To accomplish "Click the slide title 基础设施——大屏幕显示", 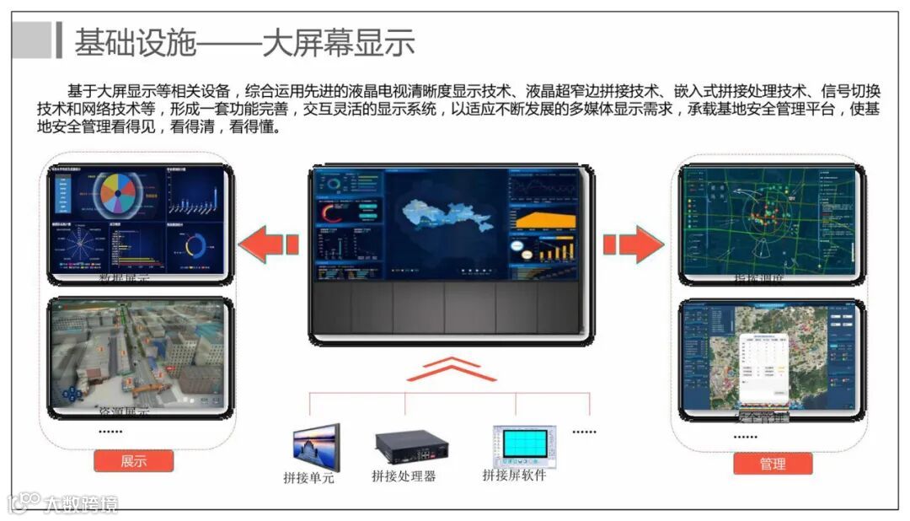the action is click(244, 42).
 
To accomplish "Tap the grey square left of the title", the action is click(32, 40).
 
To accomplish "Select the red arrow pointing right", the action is click(633, 244).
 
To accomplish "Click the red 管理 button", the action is click(773, 464).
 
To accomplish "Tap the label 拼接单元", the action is click(308, 478).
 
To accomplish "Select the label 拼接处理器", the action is click(404, 475).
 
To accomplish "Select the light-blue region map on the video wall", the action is click(447, 214).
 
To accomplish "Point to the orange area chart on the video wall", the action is click(544, 219).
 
